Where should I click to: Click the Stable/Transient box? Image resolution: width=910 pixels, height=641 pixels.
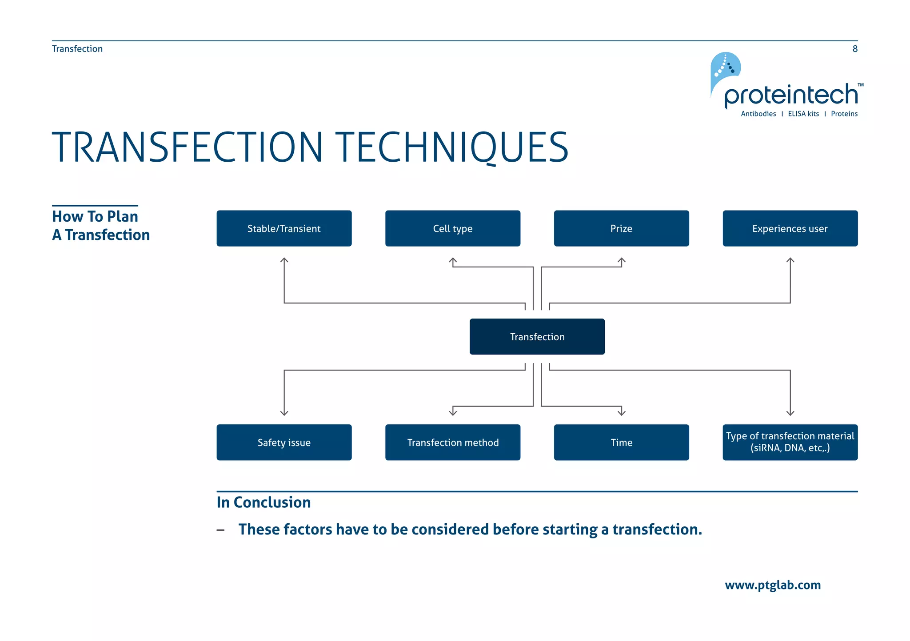tap(284, 228)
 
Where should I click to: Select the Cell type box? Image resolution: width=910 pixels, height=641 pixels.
tap(452, 228)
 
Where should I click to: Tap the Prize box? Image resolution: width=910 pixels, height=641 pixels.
tap(621, 228)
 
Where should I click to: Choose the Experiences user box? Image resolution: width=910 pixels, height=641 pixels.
tap(790, 228)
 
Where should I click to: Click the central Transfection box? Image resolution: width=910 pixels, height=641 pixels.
tap(537, 337)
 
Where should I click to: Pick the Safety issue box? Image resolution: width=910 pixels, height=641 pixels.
tap(284, 442)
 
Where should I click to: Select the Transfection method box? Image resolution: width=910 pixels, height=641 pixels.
tap(452, 442)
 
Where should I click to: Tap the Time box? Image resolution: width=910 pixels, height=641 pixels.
tap(621, 442)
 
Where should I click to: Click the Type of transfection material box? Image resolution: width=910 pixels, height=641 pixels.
tap(790, 442)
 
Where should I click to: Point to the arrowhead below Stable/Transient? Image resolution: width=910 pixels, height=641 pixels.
tap(284, 260)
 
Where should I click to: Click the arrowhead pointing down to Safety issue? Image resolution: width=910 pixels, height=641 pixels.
tap(284, 413)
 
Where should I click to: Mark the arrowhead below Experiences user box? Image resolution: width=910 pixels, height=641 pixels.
tap(790, 260)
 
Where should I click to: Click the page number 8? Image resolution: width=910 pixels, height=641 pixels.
tap(855, 49)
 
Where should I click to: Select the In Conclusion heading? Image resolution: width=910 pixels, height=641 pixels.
tap(263, 502)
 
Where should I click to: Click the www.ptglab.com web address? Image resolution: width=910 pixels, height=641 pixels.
tap(773, 585)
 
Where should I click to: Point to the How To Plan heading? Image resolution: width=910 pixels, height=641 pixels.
tap(95, 216)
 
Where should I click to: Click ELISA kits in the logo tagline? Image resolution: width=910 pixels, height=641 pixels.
tap(803, 114)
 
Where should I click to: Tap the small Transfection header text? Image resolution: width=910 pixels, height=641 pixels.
tap(77, 49)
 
